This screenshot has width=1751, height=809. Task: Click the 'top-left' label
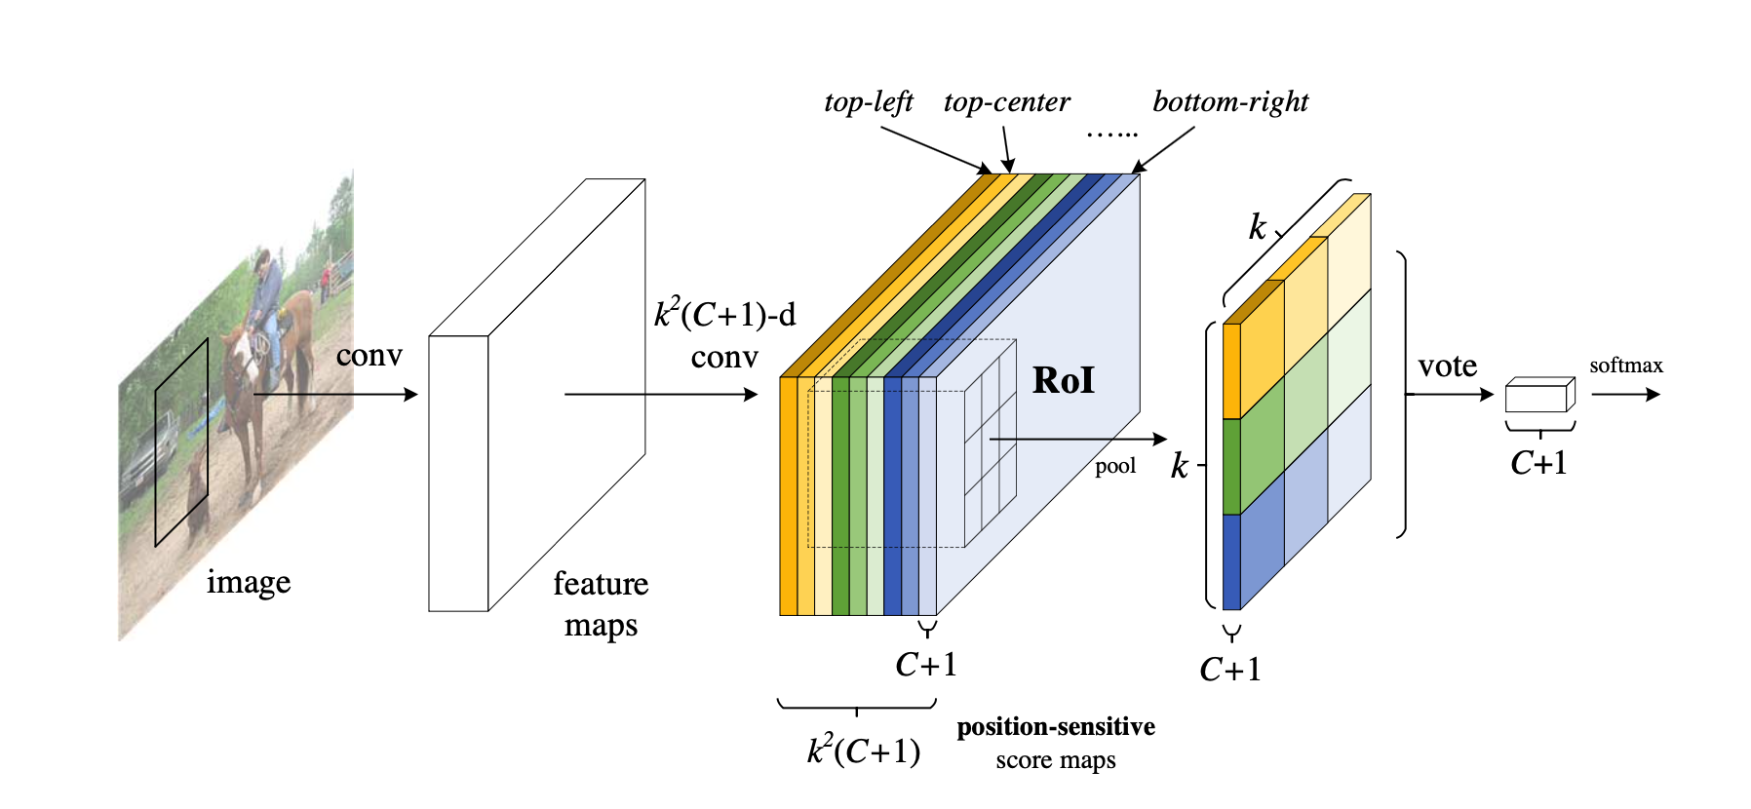(x=868, y=102)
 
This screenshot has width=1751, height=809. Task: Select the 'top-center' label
(x=1006, y=102)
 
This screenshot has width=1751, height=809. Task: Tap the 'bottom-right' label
(x=1230, y=102)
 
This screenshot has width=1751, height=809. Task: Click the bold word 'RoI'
(x=1064, y=380)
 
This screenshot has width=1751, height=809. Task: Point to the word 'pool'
(x=1115, y=466)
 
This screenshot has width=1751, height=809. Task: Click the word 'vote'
(x=1448, y=366)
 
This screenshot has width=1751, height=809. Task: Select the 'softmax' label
(x=1626, y=366)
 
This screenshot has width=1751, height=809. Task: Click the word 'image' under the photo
(x=249, y=582)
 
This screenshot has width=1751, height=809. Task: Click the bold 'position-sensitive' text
(x=1056, y=727)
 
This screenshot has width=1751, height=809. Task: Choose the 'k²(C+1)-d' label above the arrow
(x=724, y=315)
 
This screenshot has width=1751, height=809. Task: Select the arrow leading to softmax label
(x=1625, y=395)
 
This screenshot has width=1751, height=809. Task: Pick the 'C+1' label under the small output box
(x=1539, y=463)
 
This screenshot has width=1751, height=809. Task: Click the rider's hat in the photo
(x=261, y=259)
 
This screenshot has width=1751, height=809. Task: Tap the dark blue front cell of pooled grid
(x=1231, y=561)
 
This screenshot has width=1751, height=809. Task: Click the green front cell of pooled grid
(x=1231, y=466)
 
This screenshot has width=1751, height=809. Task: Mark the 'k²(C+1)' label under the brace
(x=864, y=751)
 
